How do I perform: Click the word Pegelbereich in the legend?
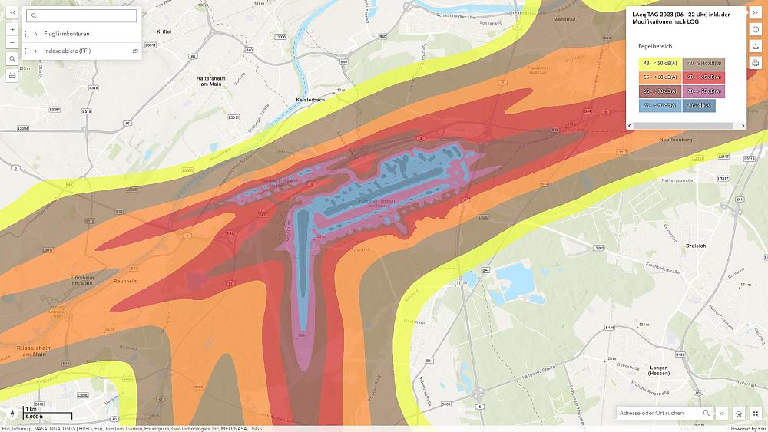click(x=655, y=46)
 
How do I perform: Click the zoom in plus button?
click(x=12, y=29)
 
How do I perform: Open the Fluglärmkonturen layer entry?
click(x=67, y=34)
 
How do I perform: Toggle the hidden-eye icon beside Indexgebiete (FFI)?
click(x=134, y=51)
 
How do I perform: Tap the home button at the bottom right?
click(x=738, y=413)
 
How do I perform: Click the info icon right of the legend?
click(x=756, y=29)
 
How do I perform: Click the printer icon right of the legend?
click(x=756, y=63)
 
